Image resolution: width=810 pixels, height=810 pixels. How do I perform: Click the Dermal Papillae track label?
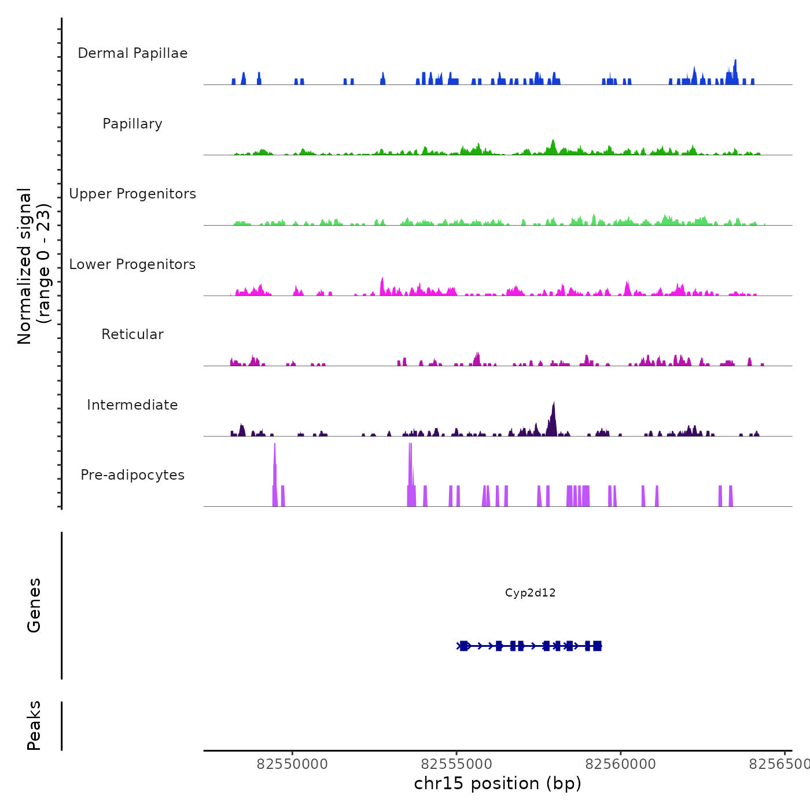132,53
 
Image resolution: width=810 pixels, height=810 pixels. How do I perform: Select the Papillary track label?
132,124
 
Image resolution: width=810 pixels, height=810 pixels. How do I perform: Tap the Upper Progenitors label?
132,194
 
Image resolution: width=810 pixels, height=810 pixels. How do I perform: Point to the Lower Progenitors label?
132,264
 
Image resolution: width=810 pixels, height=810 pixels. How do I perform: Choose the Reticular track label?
132,334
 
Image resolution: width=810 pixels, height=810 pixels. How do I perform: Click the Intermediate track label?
132,405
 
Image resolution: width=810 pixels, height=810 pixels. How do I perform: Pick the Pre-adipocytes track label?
132,475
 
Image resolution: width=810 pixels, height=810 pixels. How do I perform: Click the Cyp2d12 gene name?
530,592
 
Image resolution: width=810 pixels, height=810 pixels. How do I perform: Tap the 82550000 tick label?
292,764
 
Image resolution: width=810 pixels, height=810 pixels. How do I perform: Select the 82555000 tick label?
456,764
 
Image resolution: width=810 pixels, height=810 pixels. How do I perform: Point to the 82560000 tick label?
621,764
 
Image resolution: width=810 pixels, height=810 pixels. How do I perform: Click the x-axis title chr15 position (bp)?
498,783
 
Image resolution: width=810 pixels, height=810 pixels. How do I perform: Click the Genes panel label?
34,605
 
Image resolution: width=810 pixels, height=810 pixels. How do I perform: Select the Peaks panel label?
34,726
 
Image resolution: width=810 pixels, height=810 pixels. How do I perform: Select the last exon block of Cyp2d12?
597,646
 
